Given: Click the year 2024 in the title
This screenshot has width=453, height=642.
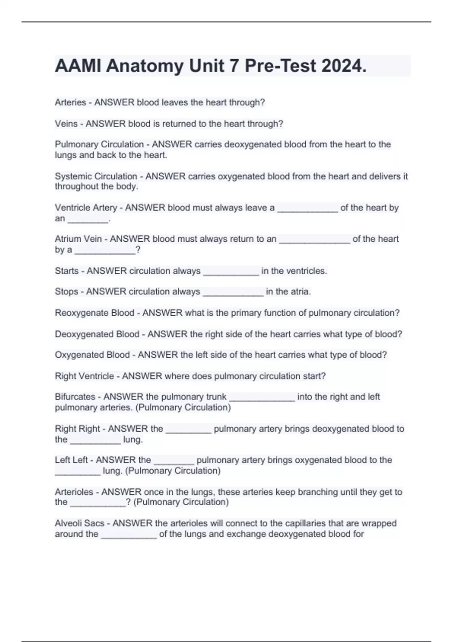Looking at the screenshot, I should point(343,66).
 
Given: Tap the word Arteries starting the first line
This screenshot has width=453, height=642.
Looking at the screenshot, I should point(71,102).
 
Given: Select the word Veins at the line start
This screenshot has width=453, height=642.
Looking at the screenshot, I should point(66,123).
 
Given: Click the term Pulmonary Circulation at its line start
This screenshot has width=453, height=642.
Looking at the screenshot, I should point(99,144).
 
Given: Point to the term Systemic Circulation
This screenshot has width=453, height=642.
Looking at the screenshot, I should point(96,176).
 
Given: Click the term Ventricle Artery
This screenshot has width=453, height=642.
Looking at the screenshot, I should point(86,208).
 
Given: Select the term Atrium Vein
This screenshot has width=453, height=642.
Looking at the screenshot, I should point(78,239).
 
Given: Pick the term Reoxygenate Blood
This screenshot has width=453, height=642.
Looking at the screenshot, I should point(94,313).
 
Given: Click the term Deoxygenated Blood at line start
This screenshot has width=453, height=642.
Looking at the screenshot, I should point(97,334).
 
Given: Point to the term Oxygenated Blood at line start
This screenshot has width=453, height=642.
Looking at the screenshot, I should point(92,355).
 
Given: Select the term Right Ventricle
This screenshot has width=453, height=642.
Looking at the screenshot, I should point(84,376).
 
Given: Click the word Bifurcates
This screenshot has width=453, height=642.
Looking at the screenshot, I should point(75,397).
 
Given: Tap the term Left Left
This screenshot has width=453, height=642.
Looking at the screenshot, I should point(71,460).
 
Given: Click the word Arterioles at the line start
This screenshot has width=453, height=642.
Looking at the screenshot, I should point(74,492).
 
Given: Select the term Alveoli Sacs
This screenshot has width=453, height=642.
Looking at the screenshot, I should point(79,523).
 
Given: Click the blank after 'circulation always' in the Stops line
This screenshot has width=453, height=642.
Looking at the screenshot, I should point(233,293).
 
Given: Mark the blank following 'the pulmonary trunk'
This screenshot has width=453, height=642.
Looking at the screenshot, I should point(262,398).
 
